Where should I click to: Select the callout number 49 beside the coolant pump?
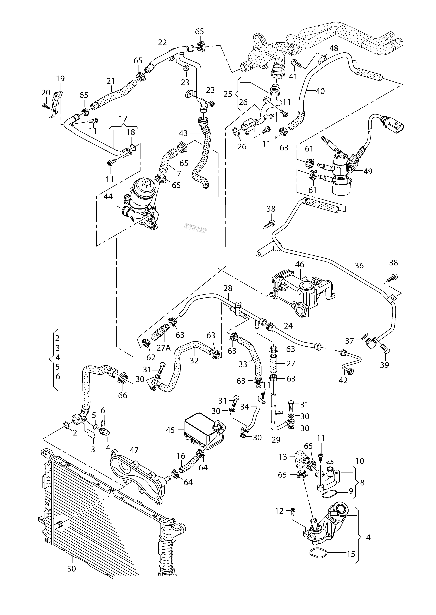(368, 171)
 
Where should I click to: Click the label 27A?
(163, 348)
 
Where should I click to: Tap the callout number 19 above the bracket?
(60, 79)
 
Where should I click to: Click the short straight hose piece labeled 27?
(273, 364)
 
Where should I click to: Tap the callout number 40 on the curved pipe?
(320, 91)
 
